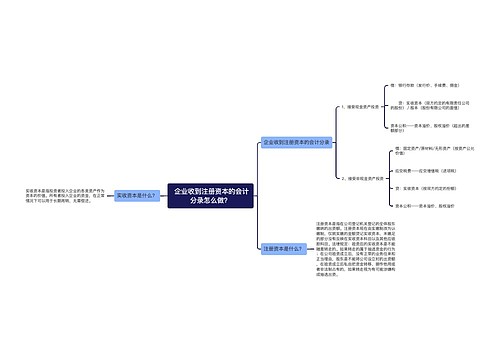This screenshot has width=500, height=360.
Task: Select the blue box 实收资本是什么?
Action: pos(136,196)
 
